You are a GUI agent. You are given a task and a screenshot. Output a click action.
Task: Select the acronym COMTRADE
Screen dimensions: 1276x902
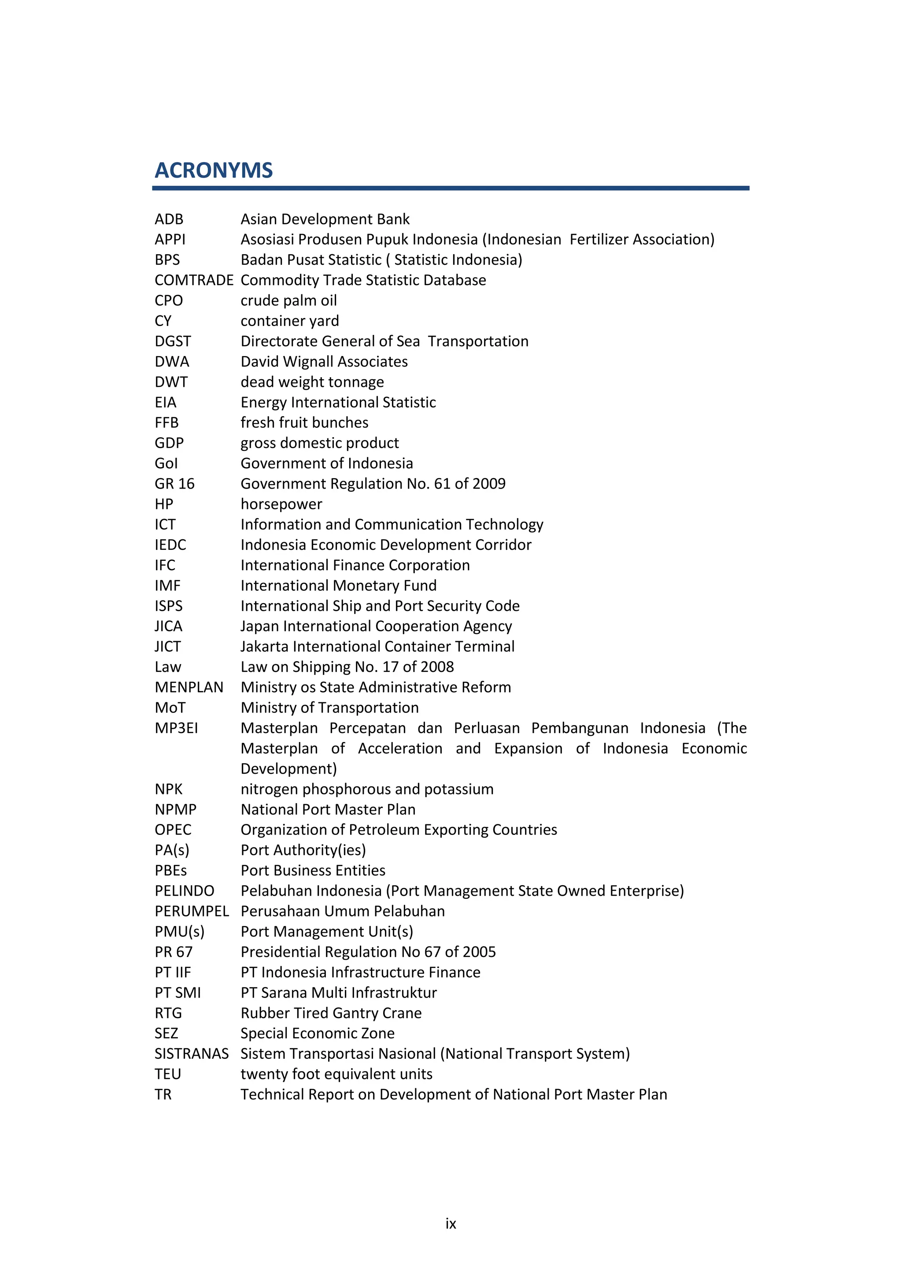(x=194, y=280)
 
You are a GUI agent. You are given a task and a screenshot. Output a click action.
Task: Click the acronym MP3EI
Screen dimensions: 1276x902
(x=176, y=728)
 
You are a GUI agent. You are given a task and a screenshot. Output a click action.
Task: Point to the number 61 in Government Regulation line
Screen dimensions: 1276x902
(x=442, y=483)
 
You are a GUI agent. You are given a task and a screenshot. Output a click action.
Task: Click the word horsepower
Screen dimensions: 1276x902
(x=281, y=504)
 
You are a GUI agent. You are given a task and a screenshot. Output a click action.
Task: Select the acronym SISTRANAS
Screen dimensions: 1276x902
(x=192, y=1053)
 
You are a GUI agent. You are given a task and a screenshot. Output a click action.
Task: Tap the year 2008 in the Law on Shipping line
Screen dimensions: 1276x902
(x=436, y=667)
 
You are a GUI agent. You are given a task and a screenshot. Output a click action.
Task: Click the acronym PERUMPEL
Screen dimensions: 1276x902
(x=192, y=912)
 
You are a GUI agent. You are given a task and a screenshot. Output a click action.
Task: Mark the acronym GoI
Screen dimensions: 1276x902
(x=166, y=464)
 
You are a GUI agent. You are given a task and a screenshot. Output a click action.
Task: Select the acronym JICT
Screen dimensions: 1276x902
(x=168, y=647)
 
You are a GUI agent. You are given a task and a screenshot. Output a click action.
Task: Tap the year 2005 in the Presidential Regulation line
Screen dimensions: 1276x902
(x=478, y=952)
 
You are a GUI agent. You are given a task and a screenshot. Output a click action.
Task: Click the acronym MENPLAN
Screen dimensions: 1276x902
(x=189, y=687)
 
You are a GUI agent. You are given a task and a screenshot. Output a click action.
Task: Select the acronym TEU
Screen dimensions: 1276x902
(x=168, y=1074)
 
